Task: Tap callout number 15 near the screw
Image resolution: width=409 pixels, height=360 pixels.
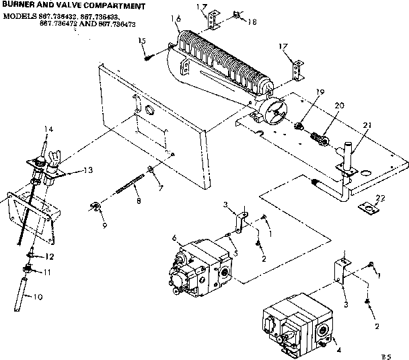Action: pos(142,42)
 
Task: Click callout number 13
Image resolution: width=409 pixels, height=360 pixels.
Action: pos(87,170)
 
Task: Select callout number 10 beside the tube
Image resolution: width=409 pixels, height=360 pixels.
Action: pos(37,296)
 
